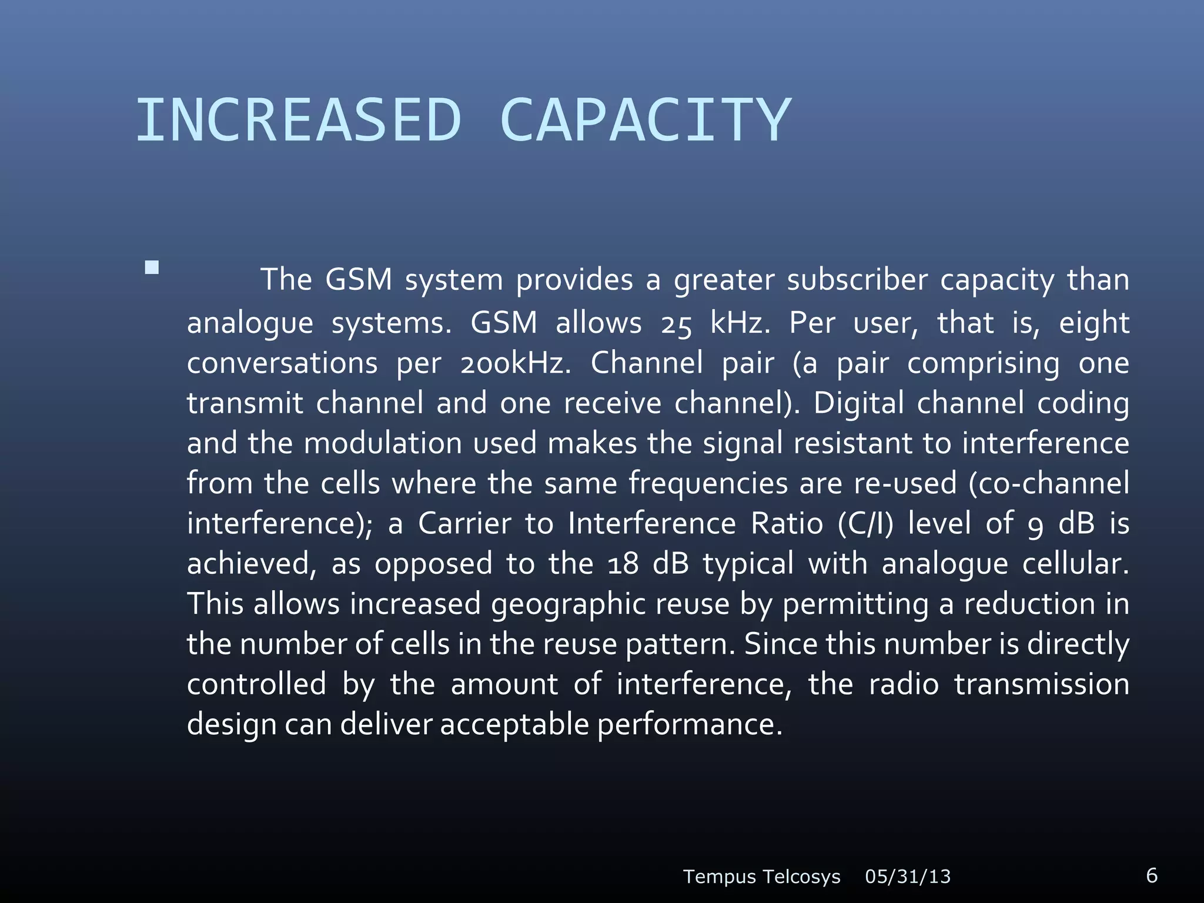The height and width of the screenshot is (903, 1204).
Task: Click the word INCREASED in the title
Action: pyautogui.click(x=299, y=121)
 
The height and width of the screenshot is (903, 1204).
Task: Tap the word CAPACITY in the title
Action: pyautogui.click(x=645, y=121)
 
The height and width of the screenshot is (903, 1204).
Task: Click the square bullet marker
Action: pyautogui.click(x=152, y=268)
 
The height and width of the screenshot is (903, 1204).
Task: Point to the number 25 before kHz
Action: pyautogui.click(x=676, y=324)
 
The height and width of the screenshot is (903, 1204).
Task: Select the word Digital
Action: pyautogui.click(x=858, y=404)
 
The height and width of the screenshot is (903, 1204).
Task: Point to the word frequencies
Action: pyautogui.click(x=708, y=484)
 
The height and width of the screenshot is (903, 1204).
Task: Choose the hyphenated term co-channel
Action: pyautogui.click(x=1049, y=483)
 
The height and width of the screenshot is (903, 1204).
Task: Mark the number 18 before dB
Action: pyautogui.click(x=623, y=564)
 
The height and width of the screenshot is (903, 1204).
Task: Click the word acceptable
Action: pyautogui.click(x=514, y=724)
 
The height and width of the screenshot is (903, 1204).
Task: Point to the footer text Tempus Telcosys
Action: pyautogui.click(x=761, y=877)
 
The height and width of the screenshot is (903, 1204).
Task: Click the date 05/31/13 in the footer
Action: pyautogui.click(x=908, y=877)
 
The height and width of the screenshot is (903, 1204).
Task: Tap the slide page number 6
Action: pyautogui.click(x=1152, y=875)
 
